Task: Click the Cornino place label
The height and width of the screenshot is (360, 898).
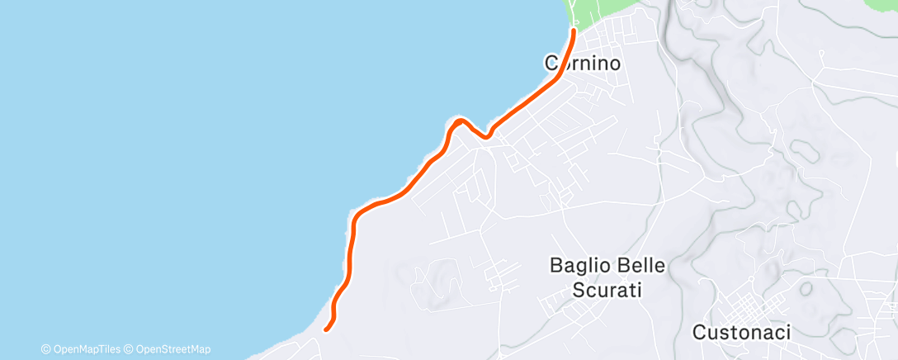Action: click(582, 62)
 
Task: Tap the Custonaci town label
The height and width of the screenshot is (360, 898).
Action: click(740, 333)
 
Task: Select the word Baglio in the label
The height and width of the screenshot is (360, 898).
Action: click(578, 266)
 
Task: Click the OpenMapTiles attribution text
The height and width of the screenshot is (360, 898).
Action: click(87, 349)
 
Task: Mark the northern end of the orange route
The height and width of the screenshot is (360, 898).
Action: click(573, 31)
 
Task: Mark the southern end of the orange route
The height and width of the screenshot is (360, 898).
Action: click(326, 329)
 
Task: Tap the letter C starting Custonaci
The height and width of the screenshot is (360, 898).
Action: click(697, 333)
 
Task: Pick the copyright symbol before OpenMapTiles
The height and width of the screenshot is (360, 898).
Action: click(46, 349)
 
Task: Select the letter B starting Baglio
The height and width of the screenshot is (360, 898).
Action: click(556, 266)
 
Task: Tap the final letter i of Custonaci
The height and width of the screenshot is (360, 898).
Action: click(787, 333)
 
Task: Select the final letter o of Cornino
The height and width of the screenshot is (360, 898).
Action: click(613, 63)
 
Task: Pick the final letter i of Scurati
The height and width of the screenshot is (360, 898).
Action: click(639, 291)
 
